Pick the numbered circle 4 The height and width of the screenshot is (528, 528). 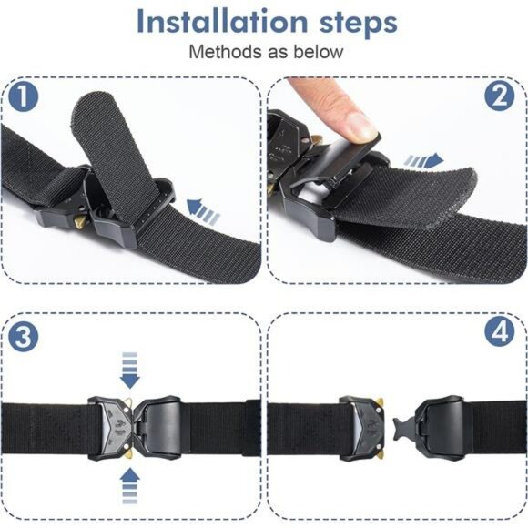click(499, 334)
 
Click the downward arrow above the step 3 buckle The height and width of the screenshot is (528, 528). click(129, 369)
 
